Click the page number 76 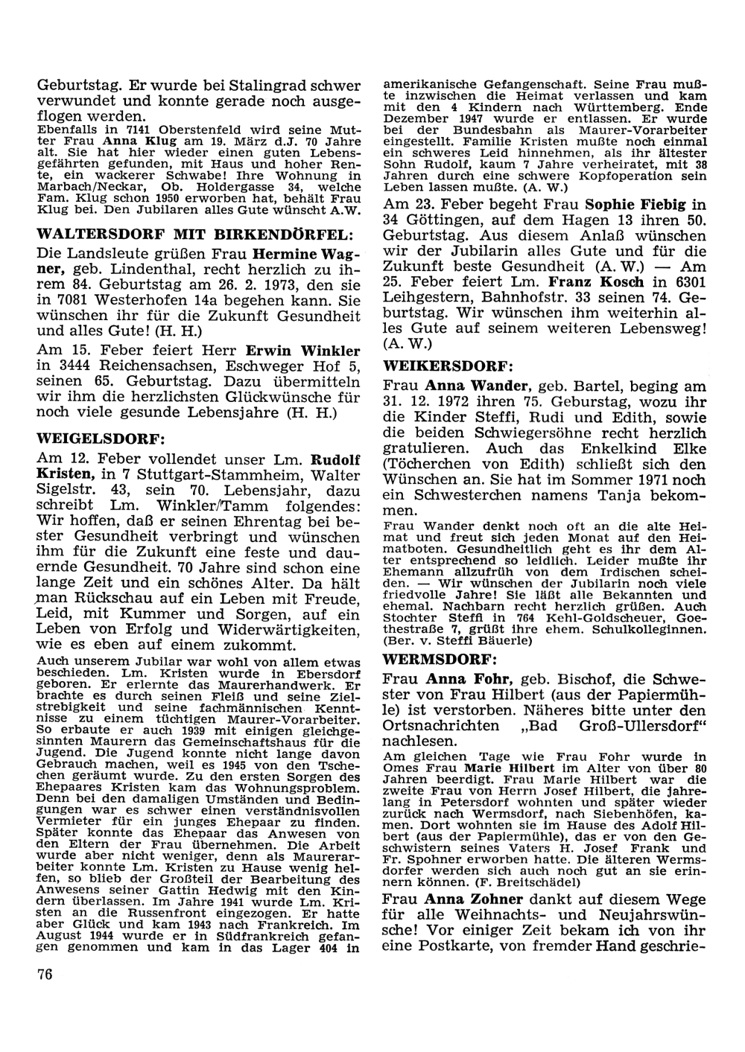[x=45, y=975]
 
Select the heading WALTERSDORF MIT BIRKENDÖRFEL [x=199, y=234]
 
